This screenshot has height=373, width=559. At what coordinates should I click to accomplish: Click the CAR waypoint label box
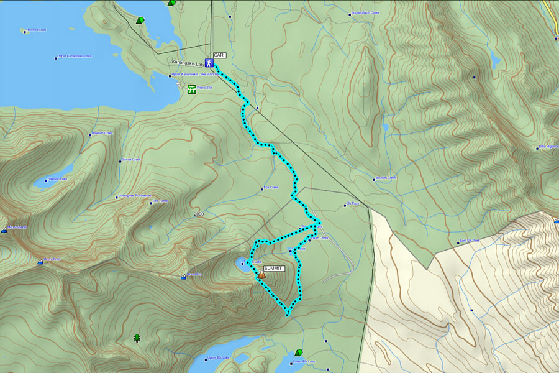(219, 55)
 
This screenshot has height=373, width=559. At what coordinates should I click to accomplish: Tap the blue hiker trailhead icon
(210, 63)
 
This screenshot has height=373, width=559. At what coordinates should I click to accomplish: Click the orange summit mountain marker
(261, 274)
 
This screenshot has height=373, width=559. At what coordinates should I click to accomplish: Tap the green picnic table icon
(192, 90)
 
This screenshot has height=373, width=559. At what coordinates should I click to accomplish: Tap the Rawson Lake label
(57, 179)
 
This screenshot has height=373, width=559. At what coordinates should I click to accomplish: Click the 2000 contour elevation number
(198, 214)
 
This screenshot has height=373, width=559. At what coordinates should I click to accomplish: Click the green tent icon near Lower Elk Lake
(298, 352)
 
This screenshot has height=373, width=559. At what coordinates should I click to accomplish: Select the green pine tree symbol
(137, 338)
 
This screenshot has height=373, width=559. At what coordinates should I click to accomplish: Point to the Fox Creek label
(271, 187)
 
